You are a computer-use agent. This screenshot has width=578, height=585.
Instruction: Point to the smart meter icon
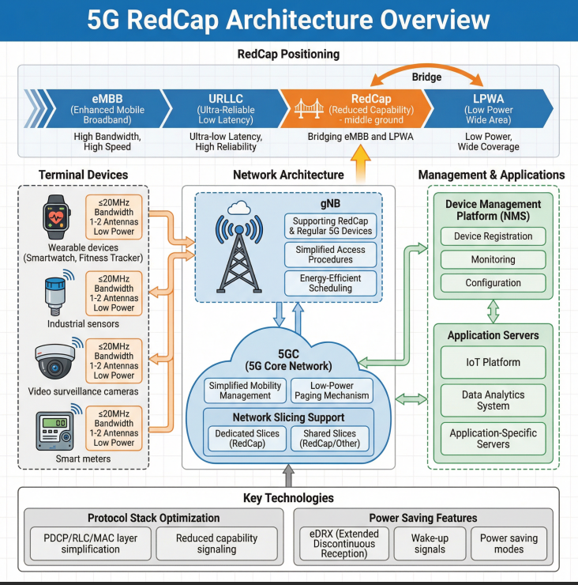tap(54, 430)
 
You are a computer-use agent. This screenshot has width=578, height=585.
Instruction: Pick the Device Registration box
tap(493, 236)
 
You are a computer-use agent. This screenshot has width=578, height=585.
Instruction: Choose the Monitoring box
tap(493, 259)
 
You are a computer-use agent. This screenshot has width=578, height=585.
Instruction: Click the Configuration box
tap(493, 283)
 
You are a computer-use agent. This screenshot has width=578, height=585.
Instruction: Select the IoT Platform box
tap(493, 362)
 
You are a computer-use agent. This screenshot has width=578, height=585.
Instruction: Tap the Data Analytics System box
tap(493, 399)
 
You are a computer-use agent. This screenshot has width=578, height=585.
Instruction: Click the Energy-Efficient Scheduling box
tap(331, 283)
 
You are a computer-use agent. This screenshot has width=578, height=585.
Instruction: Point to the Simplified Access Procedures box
tap(331, 254)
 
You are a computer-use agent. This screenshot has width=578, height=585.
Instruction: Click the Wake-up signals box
tap(430, 543)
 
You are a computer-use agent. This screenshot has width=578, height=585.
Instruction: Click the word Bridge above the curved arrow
tap(427, 78)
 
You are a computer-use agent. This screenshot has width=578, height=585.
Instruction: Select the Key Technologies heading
tap(288, 498)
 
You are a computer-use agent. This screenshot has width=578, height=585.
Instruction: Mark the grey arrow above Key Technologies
tap(289, 474)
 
